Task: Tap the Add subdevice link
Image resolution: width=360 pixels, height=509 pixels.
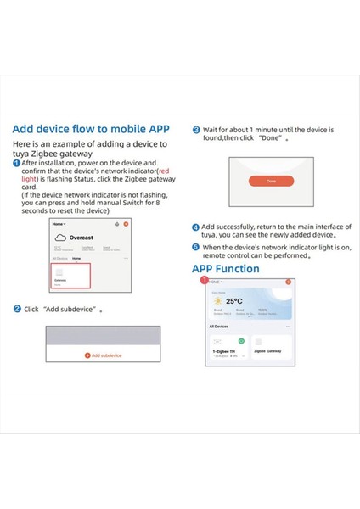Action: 103,355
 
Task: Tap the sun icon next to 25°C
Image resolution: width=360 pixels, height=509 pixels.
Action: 218,301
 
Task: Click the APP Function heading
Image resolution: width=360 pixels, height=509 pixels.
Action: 228,268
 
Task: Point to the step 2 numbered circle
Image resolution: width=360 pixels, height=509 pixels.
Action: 17,310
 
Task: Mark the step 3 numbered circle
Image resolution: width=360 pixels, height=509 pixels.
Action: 196,131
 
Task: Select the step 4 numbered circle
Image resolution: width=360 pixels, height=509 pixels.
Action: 196,227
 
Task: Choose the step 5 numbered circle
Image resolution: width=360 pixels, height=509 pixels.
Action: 196,247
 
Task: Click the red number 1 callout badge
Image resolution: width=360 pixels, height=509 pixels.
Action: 204,278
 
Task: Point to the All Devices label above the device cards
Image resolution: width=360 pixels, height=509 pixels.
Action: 219,326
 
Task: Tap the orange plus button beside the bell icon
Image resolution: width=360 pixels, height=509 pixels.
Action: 126,223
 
